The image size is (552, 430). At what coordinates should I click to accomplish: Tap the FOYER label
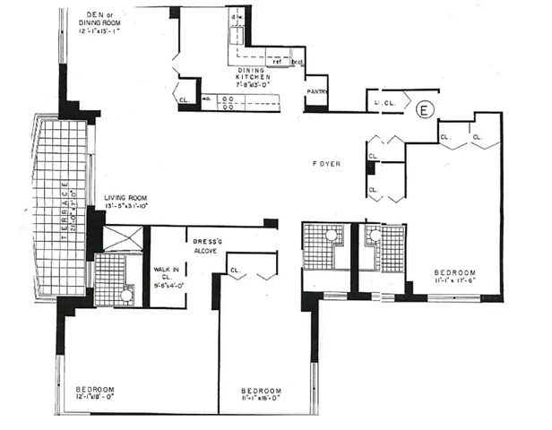point(326,164)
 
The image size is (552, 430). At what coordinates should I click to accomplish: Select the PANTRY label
point(315,91)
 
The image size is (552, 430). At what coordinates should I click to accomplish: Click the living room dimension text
point(125,207)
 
